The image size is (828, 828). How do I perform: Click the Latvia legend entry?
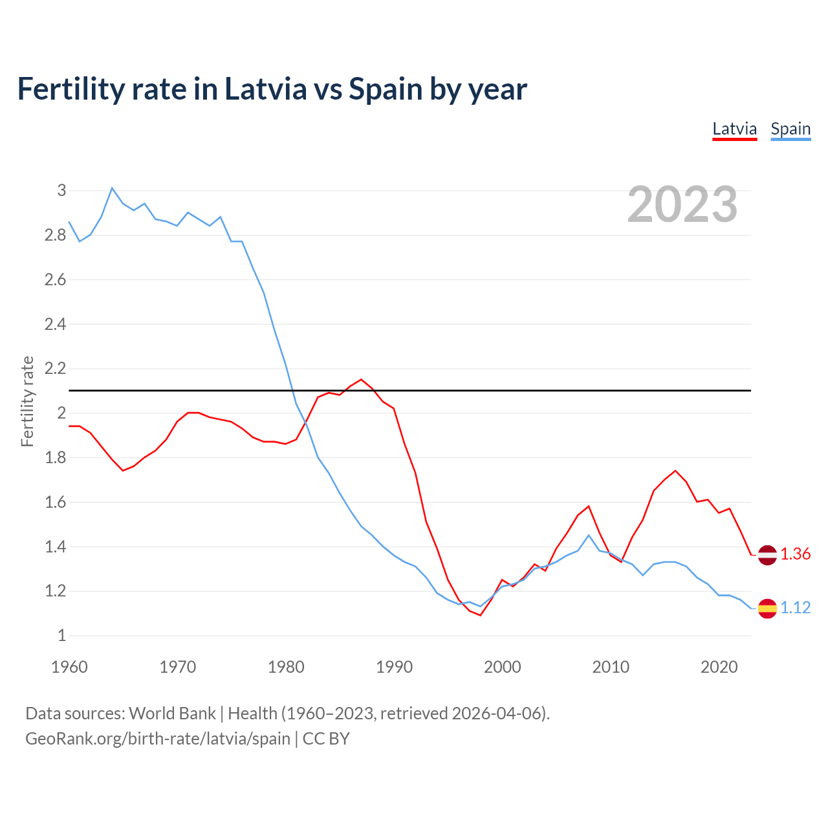pyautogui.click(x=734, y=129)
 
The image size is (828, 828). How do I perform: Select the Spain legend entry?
pyautogui.click(x=790, y=129)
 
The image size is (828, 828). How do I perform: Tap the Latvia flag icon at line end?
pyautogui.click(x=767, y=555)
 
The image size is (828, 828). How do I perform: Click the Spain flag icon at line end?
pyautogui.click(x=767, y=608)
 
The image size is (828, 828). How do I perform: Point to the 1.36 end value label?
pyautogui.click(x=795, y=554)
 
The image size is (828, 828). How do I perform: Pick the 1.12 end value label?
pyautogui.click(x=795, y=608)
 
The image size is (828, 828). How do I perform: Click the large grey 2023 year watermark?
pyautogui.click(x=682, y=204)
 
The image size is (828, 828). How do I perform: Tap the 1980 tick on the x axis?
pyautogui.click(x=286, y=667)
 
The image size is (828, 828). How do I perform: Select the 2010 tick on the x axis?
pyautogui.click(x=611, y=667)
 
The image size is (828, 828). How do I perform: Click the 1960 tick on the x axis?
pyautogui.click(x=69, y=667)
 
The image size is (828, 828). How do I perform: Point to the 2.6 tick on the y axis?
pyautogui.click(x=56, y=280)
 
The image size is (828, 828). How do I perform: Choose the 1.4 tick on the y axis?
pyautogui.click(x=56, y=547)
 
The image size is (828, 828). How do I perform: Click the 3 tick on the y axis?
pyautogui.click(x=61, y=191)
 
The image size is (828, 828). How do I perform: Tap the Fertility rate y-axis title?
pyautogui.click(x=27, y=401)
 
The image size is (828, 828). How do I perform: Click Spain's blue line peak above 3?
pyautogui.click(x=112, y=188)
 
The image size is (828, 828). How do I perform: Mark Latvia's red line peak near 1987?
pyautogui.click(x=361, y=380)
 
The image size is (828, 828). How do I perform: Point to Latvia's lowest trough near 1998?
pyautogui.click(x=480, y=615)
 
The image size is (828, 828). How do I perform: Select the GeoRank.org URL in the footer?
pyautogui.click(x=158, y=739)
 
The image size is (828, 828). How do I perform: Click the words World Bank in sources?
pyautogui.click(x=172, y=714)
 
